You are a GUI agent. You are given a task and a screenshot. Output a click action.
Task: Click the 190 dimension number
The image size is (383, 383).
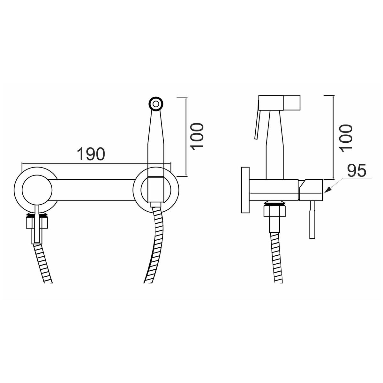pyautogui.click(x=91, y=154)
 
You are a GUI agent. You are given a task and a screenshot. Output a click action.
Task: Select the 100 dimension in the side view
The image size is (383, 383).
pyautogui.click(x=346, y=138)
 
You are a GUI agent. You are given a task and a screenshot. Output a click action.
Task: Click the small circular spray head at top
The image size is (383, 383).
pyautogui.click(x=156, y=104)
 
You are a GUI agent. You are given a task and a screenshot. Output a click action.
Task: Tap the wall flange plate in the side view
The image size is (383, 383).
pyautogui.click(x=245, y=190)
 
